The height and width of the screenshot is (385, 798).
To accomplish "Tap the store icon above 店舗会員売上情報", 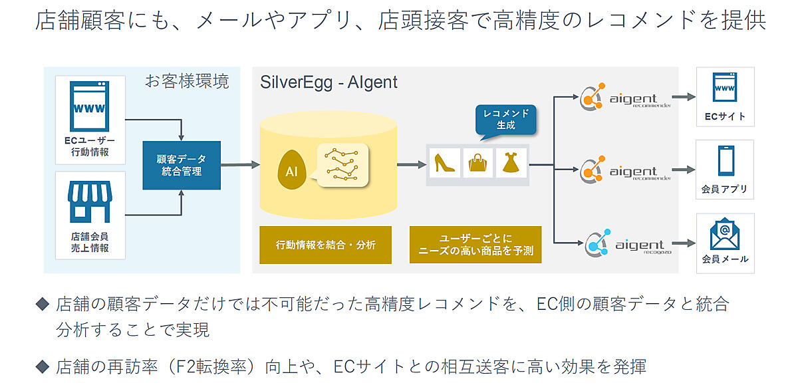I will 90,200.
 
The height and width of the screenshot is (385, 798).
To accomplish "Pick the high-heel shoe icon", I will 444,164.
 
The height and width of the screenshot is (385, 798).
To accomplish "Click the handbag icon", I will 478,164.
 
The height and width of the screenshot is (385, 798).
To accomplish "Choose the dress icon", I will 511,164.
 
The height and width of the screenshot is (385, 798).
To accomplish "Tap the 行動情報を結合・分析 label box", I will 325,245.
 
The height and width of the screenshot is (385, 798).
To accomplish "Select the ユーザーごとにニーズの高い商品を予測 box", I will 475,245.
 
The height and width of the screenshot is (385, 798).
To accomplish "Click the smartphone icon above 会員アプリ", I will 724,161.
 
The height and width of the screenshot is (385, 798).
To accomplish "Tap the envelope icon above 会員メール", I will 724,233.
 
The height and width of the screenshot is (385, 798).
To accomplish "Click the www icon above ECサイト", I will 724,89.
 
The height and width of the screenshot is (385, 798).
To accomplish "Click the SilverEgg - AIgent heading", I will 329,82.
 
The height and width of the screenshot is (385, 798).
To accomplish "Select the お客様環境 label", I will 187,82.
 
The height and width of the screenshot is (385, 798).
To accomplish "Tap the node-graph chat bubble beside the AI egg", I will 342,165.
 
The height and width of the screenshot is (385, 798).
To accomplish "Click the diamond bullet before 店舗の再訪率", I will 43,366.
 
